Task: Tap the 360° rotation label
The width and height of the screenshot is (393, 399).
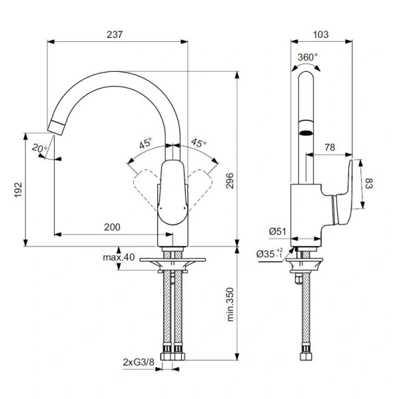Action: tap(308, 57)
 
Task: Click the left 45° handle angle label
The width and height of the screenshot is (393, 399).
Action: tap(145, 143)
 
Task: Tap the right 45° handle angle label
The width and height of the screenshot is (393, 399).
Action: tap(198, 143)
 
